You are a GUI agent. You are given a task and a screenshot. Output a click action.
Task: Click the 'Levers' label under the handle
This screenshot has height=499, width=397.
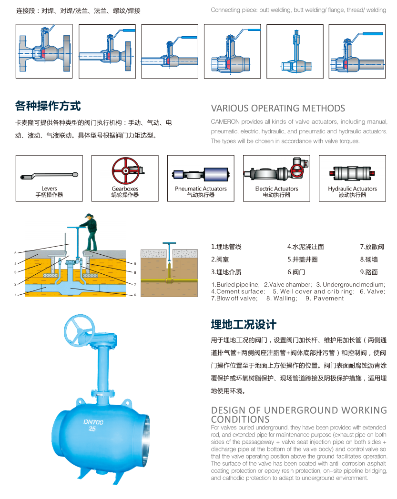pos(49,189)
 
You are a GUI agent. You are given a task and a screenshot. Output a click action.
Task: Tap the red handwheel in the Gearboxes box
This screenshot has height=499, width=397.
pos(125,170)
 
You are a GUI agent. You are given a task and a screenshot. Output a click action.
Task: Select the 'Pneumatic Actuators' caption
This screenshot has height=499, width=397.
pos(201,189)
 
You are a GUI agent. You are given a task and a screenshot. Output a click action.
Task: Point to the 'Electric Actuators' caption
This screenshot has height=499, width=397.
pos(276,189)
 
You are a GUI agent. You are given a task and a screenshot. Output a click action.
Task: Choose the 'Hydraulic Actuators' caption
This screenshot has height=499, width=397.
pos(352,189)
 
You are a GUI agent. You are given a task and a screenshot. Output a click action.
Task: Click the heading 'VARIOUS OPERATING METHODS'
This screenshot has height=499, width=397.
pos(278,109)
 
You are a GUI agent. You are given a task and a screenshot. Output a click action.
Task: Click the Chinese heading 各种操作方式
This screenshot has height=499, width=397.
pos(48,106)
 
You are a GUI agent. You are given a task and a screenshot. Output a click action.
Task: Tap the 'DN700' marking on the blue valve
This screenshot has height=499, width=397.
pos(93,422)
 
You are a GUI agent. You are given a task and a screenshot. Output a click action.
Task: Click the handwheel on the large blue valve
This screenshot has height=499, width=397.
pos(79,330)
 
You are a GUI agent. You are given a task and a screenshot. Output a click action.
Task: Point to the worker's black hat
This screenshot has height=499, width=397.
pos(90,215)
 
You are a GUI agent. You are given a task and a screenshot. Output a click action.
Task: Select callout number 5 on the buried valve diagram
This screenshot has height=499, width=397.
pos(15,253)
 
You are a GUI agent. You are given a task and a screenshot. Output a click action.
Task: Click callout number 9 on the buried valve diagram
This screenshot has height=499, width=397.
pos(135,263)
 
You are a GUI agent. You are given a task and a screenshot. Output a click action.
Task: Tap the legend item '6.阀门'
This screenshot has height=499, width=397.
pos(296,272)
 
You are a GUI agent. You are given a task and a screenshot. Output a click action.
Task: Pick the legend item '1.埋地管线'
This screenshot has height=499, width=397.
pos(226,247)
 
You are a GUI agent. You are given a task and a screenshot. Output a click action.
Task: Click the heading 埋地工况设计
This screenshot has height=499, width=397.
pos(244,325)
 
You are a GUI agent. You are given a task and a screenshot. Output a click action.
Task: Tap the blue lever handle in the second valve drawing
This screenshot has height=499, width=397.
pos(129,30)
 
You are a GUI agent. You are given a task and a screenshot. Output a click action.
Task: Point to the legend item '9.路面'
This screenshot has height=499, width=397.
pos(369,272)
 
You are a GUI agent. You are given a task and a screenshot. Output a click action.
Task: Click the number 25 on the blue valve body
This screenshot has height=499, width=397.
pos(92,429)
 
